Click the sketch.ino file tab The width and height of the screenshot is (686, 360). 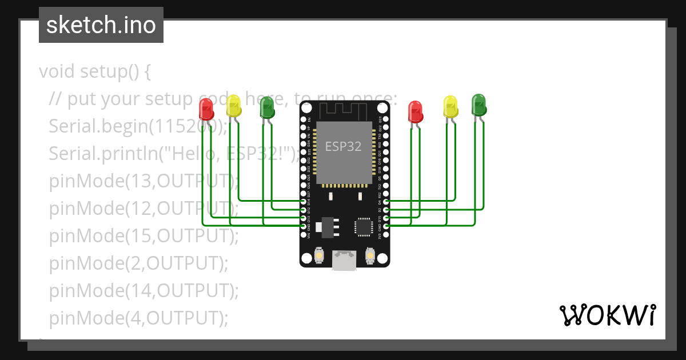[x=101, y=25]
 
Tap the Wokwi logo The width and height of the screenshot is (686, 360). [x=607, y=315]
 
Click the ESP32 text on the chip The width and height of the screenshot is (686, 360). [x=344, y=146]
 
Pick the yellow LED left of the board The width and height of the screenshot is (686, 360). [x=234, y=106]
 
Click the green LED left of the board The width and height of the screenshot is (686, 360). [x=267, y=106]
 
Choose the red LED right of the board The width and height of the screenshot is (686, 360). [x=416, y=111]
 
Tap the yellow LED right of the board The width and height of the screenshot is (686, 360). [x=451, y=107]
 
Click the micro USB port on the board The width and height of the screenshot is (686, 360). [x=345, y=260]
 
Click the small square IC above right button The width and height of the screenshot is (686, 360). [x=364, y=226]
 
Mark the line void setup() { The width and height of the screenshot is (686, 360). [x=95, y=72]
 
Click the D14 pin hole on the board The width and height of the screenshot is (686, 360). [x=304, y=202]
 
